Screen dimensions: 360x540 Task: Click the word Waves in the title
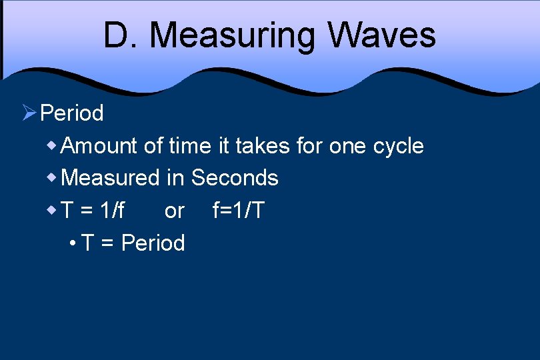coord(381,35)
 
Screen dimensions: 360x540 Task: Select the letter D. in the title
coord(120,35)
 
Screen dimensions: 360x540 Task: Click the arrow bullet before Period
coord(29,113)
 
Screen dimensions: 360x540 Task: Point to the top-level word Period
coord(72,113)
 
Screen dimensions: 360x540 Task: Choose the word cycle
coord(399,146)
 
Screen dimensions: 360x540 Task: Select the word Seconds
coord(235,178)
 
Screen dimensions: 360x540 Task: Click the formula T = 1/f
coord(93,211)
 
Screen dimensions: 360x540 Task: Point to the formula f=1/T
coord(238,211)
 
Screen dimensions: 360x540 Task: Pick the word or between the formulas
coord(174,211)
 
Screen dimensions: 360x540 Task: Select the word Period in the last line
coord(153,243)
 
